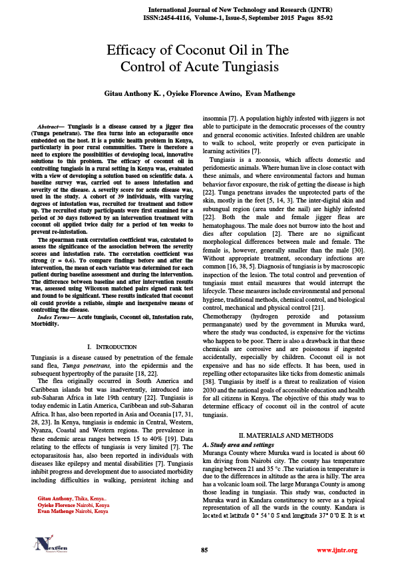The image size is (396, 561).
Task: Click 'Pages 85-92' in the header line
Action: pyautogui.click(x=337, y=19)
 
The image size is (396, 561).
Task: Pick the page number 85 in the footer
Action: pyautogui.click(x=205, y=550)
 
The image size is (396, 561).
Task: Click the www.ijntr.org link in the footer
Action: pyautogui.click(x=337, y=550)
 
